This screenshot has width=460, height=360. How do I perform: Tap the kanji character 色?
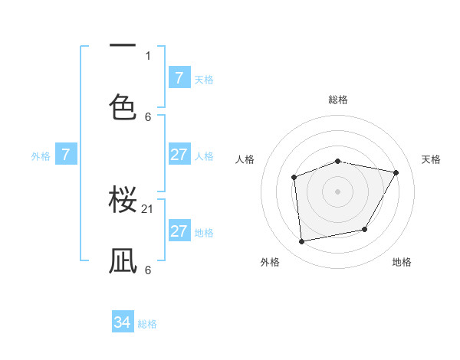click(123, 106)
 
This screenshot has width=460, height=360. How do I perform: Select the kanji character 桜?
click(123, 201)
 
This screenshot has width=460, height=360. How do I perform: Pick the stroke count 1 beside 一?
click(148, 55)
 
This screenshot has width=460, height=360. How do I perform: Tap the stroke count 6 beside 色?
click(148, 116)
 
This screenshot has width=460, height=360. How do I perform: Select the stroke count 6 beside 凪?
click(148, 270)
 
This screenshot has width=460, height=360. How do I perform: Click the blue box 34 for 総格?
click(122, 323)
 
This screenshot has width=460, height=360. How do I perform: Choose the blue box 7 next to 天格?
click(179, 78)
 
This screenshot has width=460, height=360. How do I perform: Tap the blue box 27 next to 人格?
click(179, 155)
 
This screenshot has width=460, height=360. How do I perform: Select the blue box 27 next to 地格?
click(179, 231)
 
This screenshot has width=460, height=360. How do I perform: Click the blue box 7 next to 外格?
click(66, 155)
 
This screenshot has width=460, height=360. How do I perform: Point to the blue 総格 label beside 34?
click(147, 324)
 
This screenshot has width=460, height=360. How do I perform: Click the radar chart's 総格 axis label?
click(338, 100)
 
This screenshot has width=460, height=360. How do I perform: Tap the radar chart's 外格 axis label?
click(270, 262)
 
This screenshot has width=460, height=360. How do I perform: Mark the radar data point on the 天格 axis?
click(396, 173)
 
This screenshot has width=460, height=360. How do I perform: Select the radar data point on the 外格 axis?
click(302, 241)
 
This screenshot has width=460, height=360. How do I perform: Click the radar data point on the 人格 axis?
click(294, 178)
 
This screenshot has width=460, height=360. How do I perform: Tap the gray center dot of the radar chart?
click(337, 191)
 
